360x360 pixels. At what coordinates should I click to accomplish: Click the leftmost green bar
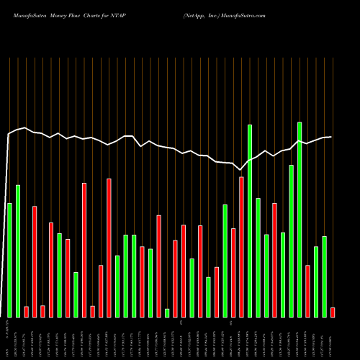point(9,259)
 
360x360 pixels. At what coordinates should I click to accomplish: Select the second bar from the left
point(18,251)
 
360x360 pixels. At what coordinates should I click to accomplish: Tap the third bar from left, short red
point(26,311)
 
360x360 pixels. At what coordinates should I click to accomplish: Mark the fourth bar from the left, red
point(35,261)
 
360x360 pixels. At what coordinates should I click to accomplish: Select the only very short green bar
point(167,312)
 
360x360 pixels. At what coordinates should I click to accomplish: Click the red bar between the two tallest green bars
point(274,259)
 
